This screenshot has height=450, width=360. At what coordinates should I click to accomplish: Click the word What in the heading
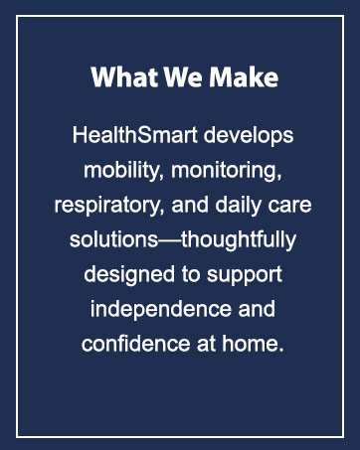[x=115, y=77]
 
